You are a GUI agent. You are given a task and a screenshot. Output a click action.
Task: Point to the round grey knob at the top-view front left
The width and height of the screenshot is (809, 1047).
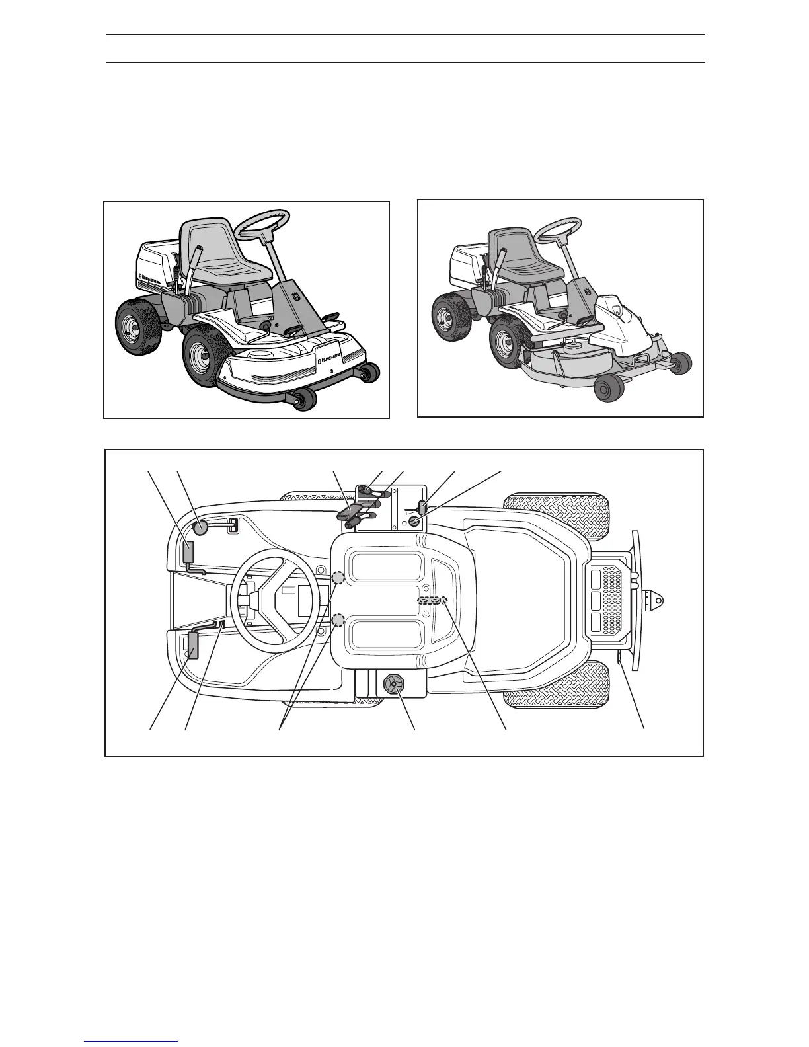click(x=201, y=527)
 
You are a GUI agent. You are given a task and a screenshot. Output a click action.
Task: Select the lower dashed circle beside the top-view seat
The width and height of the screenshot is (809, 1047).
click(x=338, y=621)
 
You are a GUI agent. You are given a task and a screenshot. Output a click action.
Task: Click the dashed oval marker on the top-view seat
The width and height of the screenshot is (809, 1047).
click(x=432, y=600)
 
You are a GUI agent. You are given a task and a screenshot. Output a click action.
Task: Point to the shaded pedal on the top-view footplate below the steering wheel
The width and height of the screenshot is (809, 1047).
click(x=194, y=645)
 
